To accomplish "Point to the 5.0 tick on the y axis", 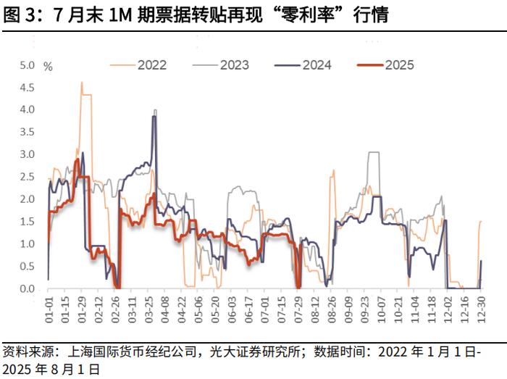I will click(x=28, y=65).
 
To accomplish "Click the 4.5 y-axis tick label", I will click(x=28, y=88).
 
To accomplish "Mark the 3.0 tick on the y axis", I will click(x=28, y=154).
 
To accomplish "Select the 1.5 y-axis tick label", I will click(x=28, y=222).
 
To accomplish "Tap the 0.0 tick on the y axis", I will click(x=28, y=288).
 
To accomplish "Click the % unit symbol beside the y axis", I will click(x=49, y=66).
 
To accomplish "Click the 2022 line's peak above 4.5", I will click(x=82, y=83).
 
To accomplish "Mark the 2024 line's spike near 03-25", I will click(x=154, y=117).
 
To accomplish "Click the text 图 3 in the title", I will click(x=20, y=15).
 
